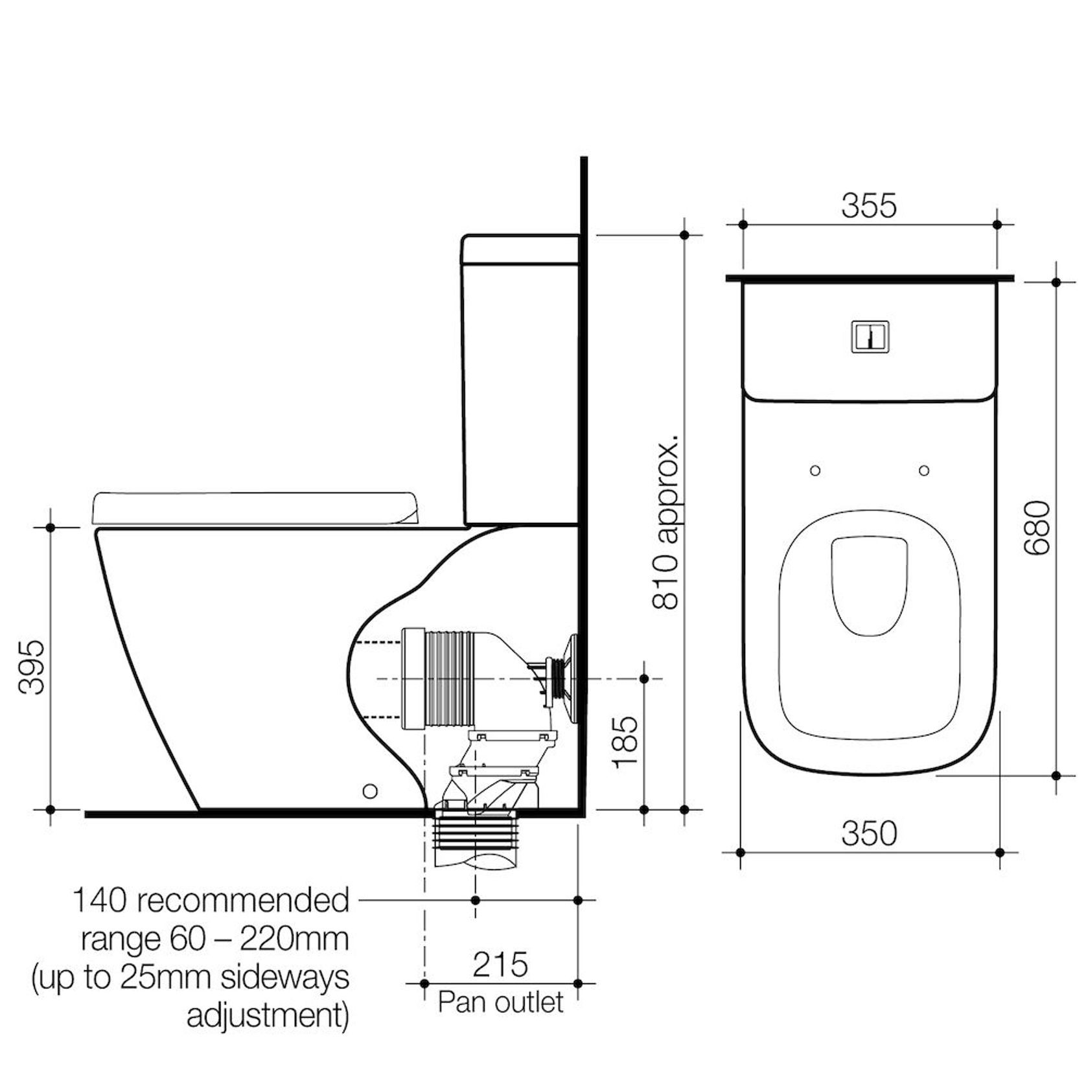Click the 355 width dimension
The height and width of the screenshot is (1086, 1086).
pos(868,205)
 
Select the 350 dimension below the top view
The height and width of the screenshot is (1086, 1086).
pos(868,833)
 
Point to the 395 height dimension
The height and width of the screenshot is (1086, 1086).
pos(31,667)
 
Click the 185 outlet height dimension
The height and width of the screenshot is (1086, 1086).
pos(626,743)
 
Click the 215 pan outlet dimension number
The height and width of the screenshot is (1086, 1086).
pos(500,965)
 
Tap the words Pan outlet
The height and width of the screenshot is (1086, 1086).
pos(500,1002)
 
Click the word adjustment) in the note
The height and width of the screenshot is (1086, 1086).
pos(268,1016)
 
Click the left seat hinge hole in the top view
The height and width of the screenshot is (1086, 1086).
pos(815,470)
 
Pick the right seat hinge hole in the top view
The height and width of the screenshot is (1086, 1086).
pos(924,470)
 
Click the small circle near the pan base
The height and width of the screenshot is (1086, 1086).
pos(370,791)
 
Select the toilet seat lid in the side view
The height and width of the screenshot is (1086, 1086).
pos(256,508)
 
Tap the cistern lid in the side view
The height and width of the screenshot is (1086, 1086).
pos(520,249)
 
